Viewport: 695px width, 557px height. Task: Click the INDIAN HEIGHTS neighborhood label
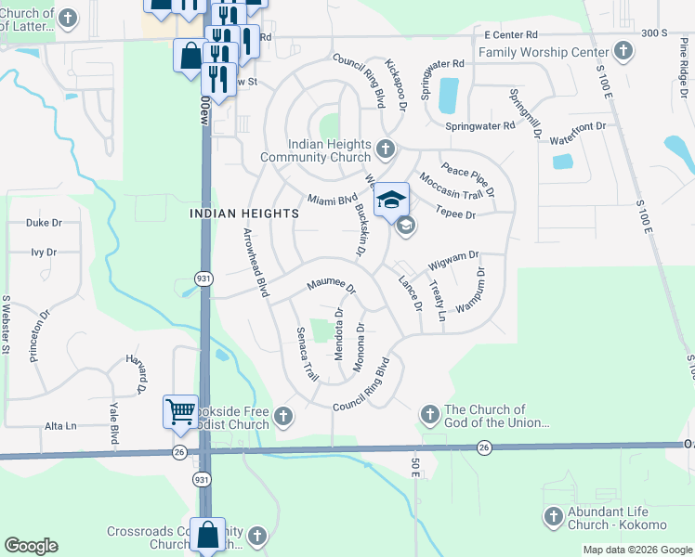(244, 213)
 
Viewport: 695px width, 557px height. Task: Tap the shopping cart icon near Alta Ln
(179, 410)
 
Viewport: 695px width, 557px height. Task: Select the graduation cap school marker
(392, 199)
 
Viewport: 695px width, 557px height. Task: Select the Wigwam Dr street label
(453, 260)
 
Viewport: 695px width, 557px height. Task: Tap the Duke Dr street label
(44, 223)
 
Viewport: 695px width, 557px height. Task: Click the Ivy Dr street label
(44, 252)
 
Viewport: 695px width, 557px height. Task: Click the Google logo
(31, 546)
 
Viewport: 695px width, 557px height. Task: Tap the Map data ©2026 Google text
(637, 550)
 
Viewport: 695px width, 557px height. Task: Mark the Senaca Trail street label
(307, 354)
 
